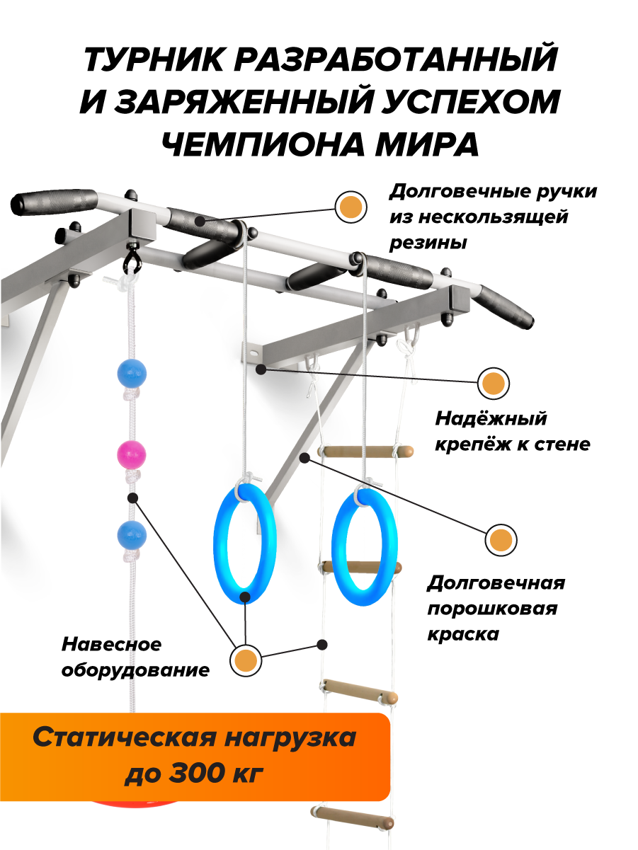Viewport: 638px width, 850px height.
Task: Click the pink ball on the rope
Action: [x=131, y=454]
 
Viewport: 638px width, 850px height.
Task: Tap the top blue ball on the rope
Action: [x=131, y=372]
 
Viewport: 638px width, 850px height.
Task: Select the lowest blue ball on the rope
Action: [x=131, y=534]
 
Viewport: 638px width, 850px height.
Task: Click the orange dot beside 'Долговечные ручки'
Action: [x=351, y=207]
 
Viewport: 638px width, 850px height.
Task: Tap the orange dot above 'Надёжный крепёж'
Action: [x=493, y=384]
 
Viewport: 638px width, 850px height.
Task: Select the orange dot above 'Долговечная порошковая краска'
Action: [x=501, y=541]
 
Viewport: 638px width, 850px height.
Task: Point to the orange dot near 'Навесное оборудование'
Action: [x=246, y=661]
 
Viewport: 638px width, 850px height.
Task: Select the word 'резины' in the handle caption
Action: [x=428, y=243]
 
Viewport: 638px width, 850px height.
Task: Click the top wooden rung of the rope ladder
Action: [x=365, y=451]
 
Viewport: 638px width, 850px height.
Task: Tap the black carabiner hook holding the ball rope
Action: [x=132, y=258]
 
